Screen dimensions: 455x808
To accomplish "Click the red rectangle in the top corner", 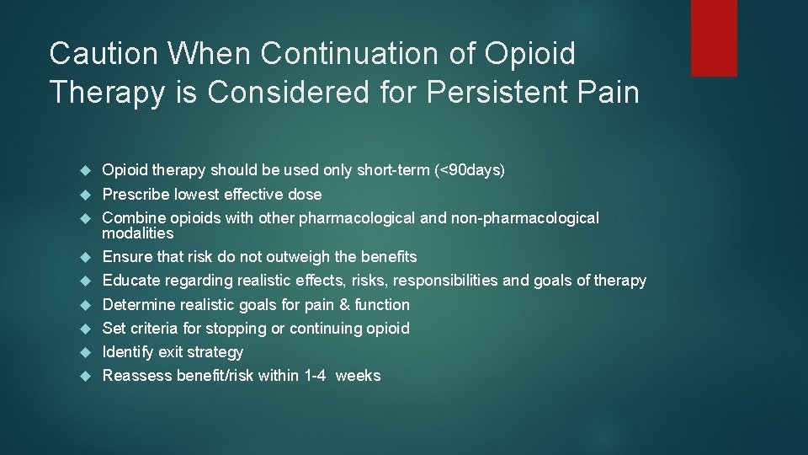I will tap(714, 38).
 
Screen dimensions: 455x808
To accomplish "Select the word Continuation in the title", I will tap(353, 54).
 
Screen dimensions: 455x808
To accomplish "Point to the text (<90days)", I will tap(470, 170).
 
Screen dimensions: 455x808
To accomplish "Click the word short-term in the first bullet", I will tap(394, 170).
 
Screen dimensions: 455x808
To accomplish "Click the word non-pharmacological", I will tap(525, 218).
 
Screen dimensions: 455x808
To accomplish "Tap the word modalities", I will tap(137, 233).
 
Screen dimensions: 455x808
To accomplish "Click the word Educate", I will tap(131, 281).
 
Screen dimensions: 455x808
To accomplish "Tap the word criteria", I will tap(157, 328).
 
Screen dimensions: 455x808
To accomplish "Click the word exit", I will tap(170, 351).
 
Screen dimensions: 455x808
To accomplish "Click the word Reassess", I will tap(136, 376).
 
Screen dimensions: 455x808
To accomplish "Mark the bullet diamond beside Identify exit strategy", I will tap(84, 352).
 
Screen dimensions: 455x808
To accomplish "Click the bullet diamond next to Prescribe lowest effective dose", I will tap(84, 195).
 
